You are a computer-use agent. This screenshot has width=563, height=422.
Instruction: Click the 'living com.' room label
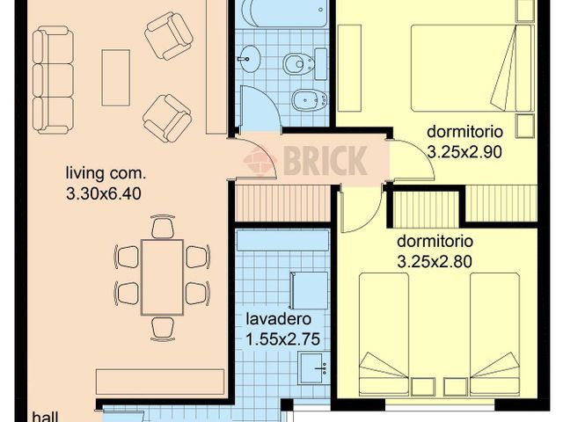[x=106, y=173]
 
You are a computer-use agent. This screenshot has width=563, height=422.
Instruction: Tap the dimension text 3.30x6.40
[x=104, y=193]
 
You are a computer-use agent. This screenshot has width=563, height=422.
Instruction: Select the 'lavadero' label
[x=279, y=318]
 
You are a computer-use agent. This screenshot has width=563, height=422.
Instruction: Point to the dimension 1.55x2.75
[x=282, y=339]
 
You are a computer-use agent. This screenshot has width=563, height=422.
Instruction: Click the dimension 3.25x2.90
[x=465, y=152]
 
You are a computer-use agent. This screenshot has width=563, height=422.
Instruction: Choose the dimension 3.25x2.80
[x=435, y=262]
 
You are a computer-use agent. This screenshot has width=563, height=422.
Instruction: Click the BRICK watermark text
[x=325, y=160]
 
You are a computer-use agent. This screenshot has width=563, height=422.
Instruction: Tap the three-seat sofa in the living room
[x=53, y=80]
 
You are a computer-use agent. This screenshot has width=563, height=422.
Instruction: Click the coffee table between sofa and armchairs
[x=115, y=77]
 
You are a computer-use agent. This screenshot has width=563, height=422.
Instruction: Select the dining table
[x=162, y=277]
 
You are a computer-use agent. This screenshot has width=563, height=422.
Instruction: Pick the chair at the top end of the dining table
[x=163, y=227]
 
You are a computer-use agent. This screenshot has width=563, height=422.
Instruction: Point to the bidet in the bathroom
[x=309, y=99]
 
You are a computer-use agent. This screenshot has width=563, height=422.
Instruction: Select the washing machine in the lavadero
[x=309, y=291]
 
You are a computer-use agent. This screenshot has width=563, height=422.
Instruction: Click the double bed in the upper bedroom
[x=471, y=68]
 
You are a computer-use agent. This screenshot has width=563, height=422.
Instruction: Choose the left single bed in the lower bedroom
[x=384, y=334]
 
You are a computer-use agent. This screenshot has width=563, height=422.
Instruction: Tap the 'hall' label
[x=45, y=417]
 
